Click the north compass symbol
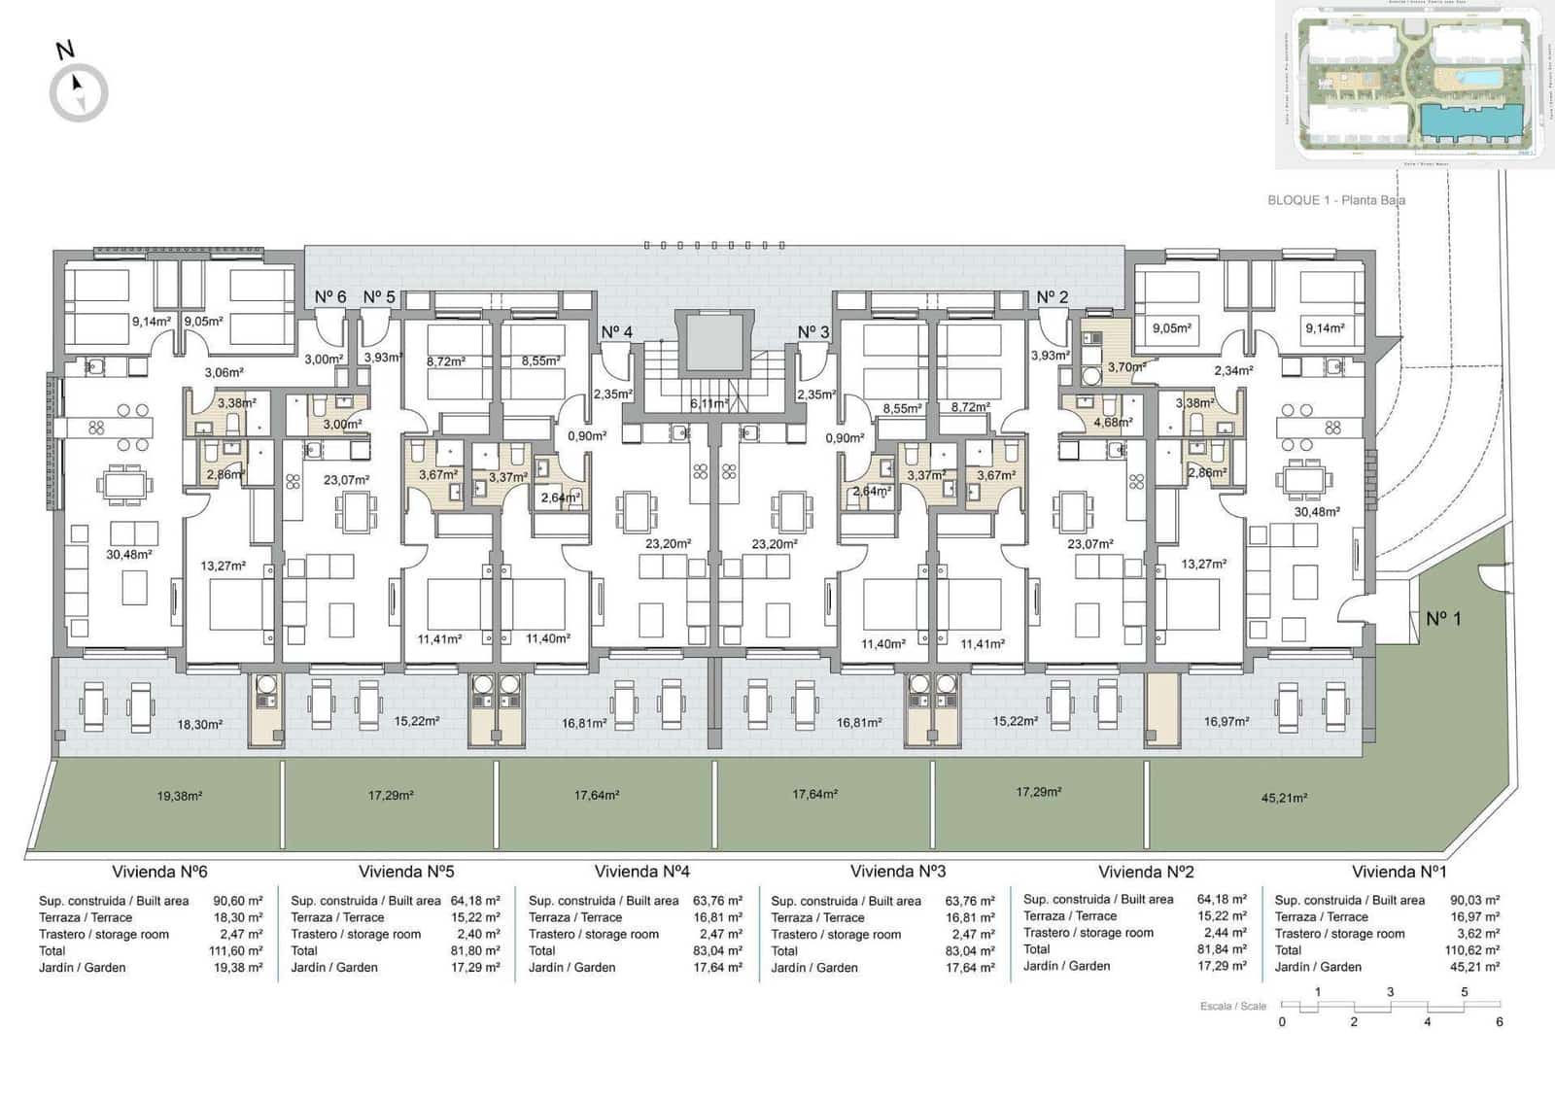(x=79, y=92)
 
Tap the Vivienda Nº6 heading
(x=159, y=872)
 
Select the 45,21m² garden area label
(x=1284, y=798)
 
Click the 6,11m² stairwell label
(x=708, y=403)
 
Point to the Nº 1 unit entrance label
(x=1443, y=618)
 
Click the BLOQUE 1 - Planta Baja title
(x=1335, y=200)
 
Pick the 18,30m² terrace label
(x=200, y=725)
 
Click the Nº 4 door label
(x=616, y=332)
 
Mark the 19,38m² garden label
(x=180, y=796)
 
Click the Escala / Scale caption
(x=1232, y=1006)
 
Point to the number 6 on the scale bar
(x=1499, y=1021)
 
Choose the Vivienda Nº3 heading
(x=897, y=872)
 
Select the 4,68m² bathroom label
(x=1113, y=423)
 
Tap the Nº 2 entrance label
(x=1052, y=297)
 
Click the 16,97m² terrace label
(x=1227, y=722)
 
